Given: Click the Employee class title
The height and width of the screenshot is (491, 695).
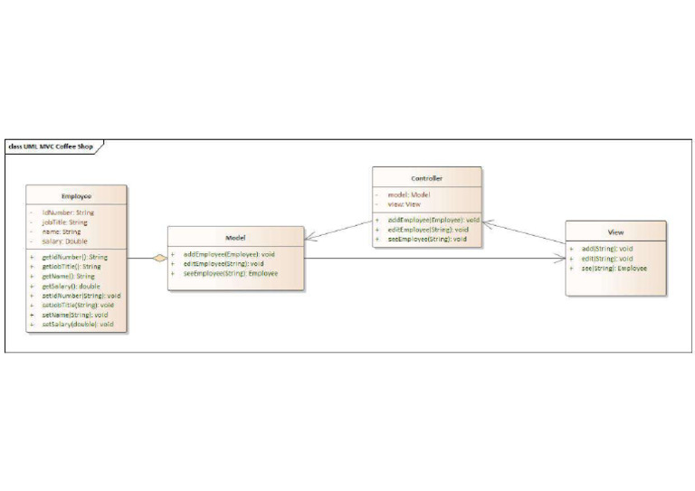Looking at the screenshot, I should click(x=76, y=195).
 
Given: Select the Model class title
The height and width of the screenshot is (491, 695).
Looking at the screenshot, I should click(x=235, y=237).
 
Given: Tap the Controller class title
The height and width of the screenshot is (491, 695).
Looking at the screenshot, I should click(x=426, y=178).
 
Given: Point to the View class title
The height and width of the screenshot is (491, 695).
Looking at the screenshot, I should click(x=615, y=232).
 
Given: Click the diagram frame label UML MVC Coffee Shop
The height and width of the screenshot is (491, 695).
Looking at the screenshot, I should click(x=53, y=146).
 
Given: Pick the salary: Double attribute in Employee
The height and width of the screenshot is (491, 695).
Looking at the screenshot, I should click(x=64, y=241).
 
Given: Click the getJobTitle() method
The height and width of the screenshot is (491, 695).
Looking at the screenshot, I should click(x=71, y=267).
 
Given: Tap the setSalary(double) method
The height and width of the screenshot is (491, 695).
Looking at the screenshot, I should click(x=77, y=324).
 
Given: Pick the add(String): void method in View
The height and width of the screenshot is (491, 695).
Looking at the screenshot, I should click(x=606, y=249).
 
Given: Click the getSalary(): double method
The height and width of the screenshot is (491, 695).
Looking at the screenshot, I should click(x=71, y=286).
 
